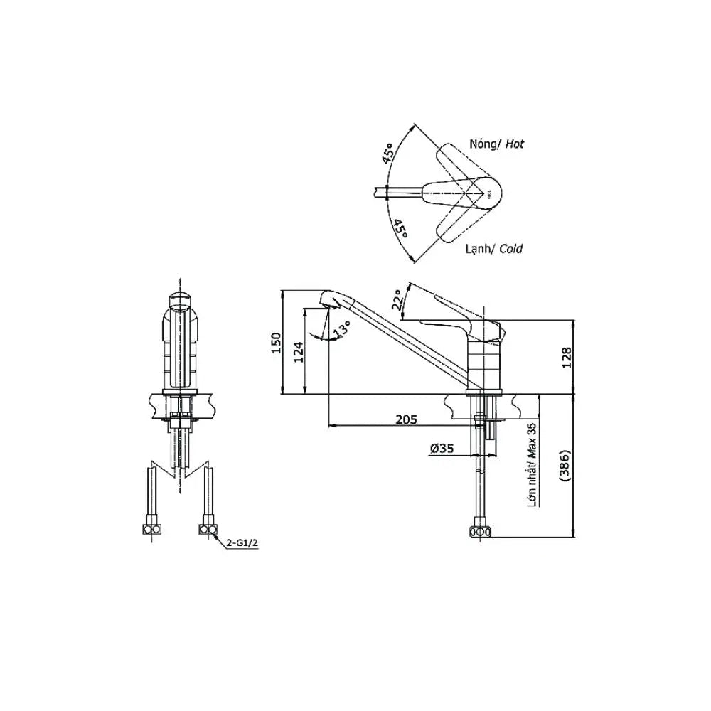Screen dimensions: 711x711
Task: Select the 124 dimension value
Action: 299,352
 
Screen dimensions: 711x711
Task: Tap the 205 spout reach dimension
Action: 406,419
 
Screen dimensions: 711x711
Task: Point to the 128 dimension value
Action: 567,358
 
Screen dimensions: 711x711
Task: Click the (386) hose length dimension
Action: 565,466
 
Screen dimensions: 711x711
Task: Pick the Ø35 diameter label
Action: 442,449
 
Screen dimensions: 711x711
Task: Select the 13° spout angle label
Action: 341,330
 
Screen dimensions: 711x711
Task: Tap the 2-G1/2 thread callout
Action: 243,542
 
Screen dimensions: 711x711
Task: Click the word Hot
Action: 515,144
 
